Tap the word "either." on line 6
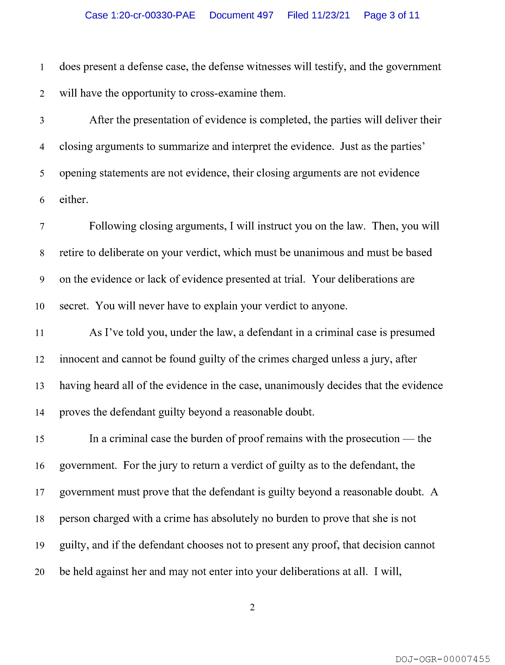(x=74, y=200)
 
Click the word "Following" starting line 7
(x=112, y=226)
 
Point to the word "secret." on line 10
(x=74, y=306)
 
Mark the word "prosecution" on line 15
(x=373, y=439)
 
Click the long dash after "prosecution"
(x=408, y=439)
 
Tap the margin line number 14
(x=40, y=412)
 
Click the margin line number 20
(x=40, y=572)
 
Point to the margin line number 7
(x=42, y=226)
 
